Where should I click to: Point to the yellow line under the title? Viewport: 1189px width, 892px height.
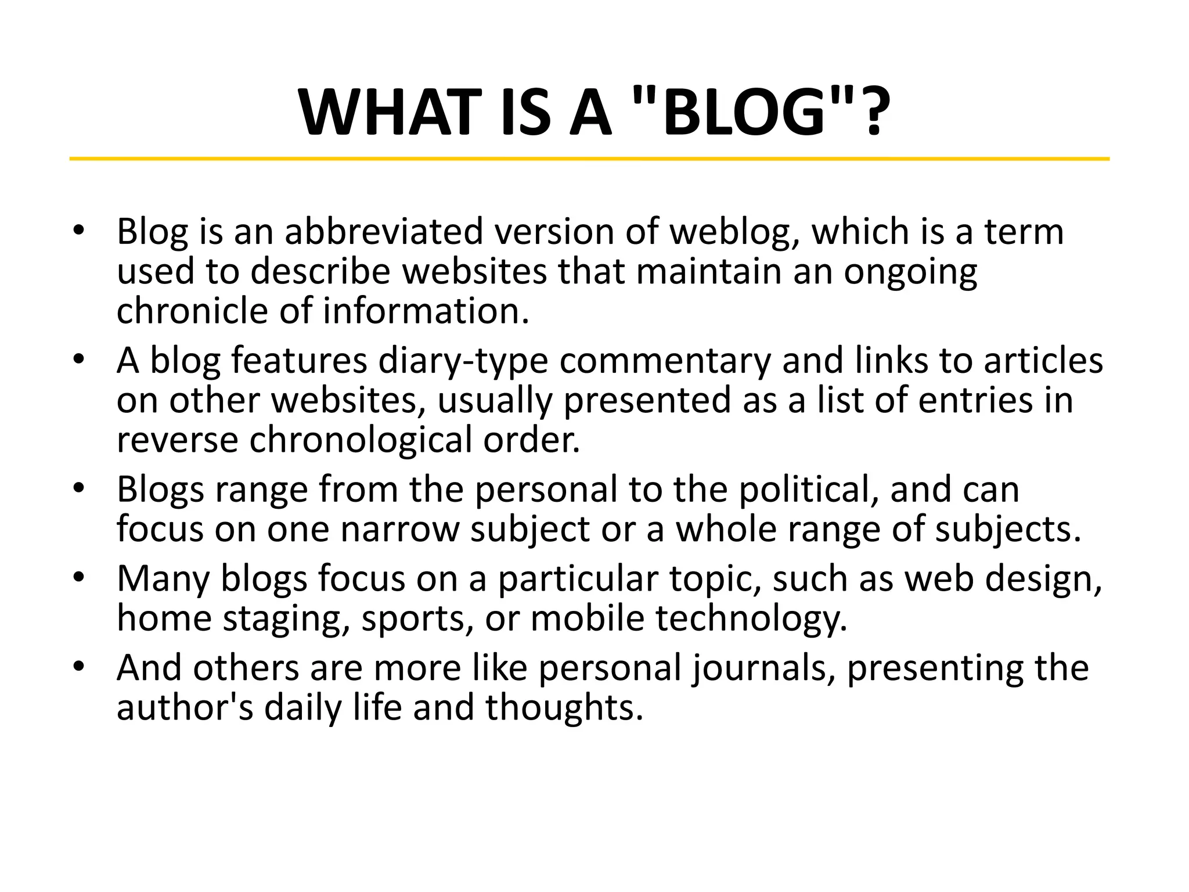pos(589,159)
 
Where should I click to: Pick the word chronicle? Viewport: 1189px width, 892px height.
pos(192,311)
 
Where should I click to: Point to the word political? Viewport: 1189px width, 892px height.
pos(808,490)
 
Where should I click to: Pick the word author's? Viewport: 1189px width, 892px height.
pos(185,708)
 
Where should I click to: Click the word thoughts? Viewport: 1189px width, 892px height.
pos(564,708)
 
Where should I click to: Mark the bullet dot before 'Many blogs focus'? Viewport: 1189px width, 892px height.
pos(79,578)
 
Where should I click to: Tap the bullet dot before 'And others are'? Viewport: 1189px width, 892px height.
pos(79,667)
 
